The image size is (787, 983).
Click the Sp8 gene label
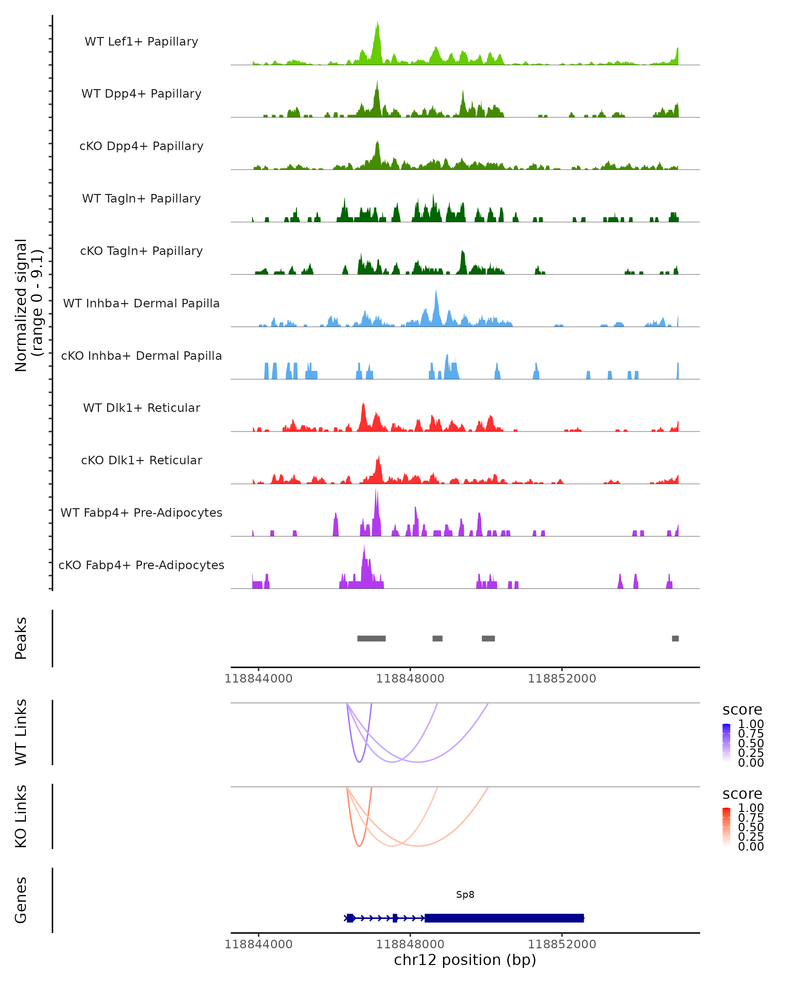[x=465, y=895]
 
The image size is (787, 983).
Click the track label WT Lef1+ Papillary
[x=141, y=42]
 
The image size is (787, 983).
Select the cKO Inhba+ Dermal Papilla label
[x=141, y=356]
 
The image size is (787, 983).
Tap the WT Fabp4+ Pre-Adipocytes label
[x=141, y=512]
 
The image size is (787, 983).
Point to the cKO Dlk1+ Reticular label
[x=141, y=460]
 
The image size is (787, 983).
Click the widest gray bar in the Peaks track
[x=372, y=638]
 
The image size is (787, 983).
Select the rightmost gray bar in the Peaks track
[x=675, y=638]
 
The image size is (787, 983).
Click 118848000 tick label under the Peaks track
[x=410, y=679]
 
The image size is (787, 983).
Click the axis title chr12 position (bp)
[x=465, y=960]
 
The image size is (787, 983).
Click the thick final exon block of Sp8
[x=504, y=918]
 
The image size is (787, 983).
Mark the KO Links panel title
[x=21, y=817]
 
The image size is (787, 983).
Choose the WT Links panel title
[x=21, y=732]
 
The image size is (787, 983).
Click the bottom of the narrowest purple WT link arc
[x=359, y=762]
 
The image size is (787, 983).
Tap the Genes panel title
[x=21, y=900]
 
